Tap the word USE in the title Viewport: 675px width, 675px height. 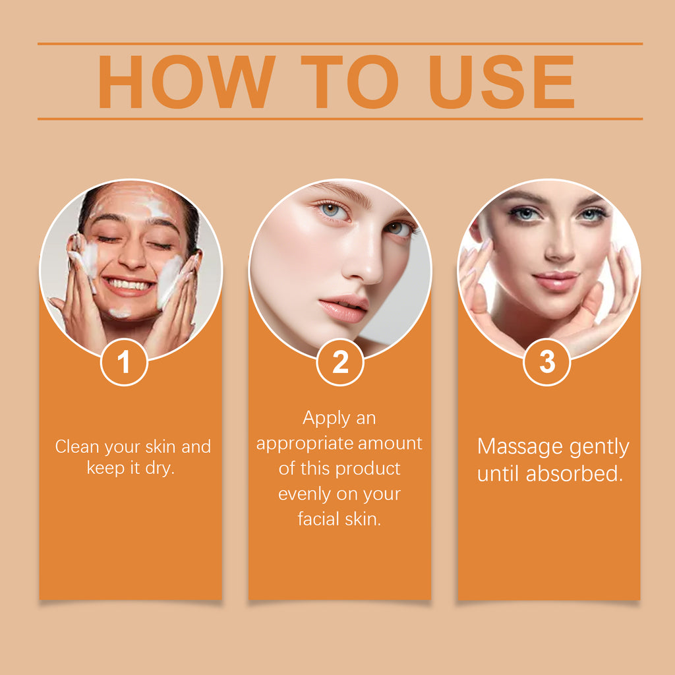tap(502, 82)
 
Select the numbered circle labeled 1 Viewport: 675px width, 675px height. tap(124, 362)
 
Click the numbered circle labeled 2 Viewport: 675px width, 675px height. tap(340, 362)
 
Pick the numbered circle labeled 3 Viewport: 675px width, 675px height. tap(547, 362)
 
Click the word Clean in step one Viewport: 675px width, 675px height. tap(77, 446)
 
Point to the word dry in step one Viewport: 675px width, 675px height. tap(160, 469)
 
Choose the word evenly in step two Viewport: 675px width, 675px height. tap(305, 494)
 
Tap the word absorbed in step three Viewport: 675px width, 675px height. tap(574, 473)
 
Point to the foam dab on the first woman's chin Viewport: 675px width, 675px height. tap(120, 313)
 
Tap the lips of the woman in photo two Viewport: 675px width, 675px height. tap(343, 308)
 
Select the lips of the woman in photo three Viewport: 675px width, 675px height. tap(556, 281)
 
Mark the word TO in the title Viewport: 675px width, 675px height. tap(349, 82)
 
